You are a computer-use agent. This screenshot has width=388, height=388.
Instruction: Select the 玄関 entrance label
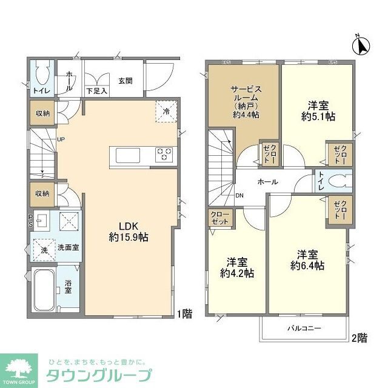125,80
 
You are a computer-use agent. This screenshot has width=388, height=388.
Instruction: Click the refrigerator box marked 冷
167,111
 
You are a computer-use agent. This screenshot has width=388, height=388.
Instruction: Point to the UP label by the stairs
61,139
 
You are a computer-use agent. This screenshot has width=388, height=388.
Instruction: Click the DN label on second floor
239,195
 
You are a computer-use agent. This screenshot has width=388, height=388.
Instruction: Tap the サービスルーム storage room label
244,101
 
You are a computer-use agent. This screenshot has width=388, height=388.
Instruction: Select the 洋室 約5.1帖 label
318,111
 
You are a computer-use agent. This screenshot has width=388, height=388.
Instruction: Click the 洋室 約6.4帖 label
306,260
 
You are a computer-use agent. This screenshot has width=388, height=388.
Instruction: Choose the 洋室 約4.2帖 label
236,267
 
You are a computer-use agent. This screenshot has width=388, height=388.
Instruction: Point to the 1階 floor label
185,313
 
